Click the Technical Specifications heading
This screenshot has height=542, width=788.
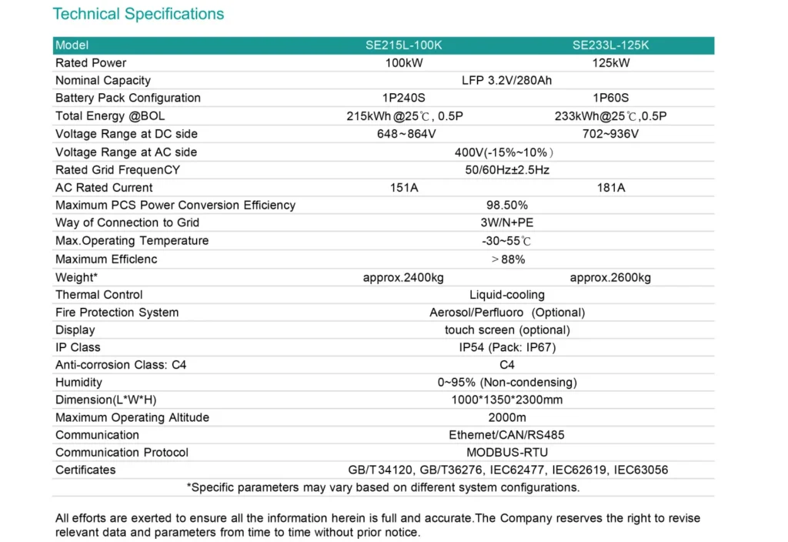point(139,14)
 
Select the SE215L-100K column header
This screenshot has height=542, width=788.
point(404,45)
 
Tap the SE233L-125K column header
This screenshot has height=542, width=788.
point(610,45)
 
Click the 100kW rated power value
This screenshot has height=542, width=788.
point(404,63)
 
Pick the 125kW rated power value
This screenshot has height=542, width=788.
point(611,63)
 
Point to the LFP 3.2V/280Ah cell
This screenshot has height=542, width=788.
point(507,80)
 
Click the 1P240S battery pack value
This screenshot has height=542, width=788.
point(404,98)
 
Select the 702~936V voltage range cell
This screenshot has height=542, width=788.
point(611,134)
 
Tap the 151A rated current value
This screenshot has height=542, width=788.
point(404,188)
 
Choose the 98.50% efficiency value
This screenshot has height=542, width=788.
point(507,206)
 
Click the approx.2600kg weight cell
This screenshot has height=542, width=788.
point(610,277)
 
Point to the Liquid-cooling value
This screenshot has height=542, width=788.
point(507,295)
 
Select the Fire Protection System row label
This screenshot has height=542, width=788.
point(117,313)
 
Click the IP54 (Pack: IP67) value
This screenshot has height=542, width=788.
point(507,347)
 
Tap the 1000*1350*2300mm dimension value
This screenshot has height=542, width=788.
point(507,400)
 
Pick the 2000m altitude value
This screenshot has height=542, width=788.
point(507,417)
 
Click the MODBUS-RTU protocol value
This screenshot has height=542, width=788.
point(507,452)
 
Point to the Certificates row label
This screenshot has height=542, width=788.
point(85,470)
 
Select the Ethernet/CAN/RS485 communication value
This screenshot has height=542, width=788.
point(507,435)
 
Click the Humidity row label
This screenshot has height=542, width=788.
point(78,383)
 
